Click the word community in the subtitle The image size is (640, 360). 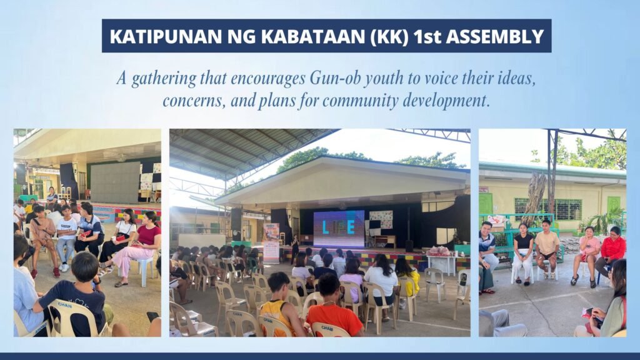click(365, 101)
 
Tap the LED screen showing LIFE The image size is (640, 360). click(338, 228)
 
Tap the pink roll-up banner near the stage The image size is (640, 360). click(271, 242)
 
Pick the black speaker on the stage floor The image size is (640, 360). click(409, 245)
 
